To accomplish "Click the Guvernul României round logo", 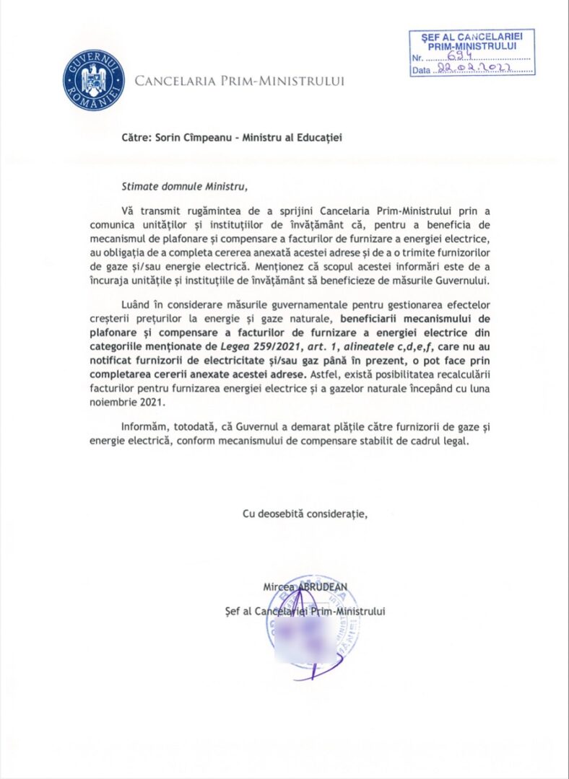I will (x=93, y=80).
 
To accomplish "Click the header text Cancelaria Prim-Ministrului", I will (x=240, y=81).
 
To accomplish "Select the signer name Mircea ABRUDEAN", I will (x=305, y=588).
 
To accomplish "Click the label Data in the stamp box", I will (x=420, y=71).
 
